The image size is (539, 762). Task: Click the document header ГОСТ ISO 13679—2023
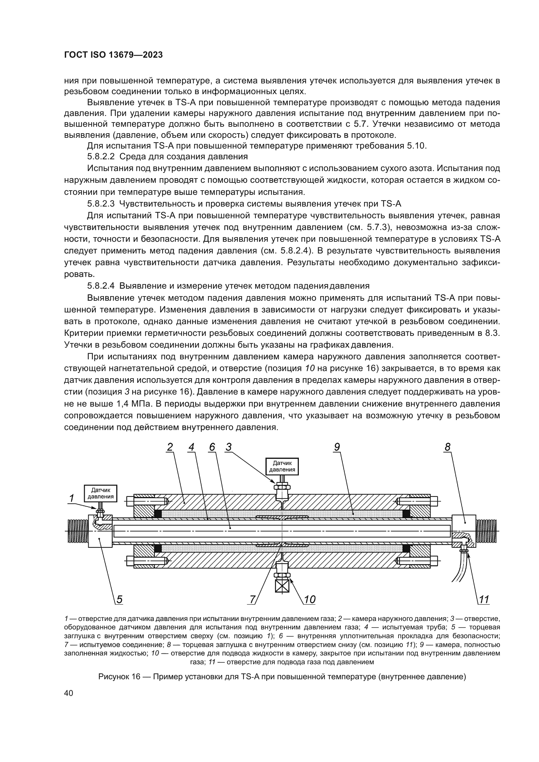tap(113, 55)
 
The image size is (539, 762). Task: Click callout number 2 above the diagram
tap(169, 447)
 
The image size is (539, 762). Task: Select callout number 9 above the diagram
tap(337, 447)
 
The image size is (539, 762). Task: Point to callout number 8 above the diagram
tap(447, 447)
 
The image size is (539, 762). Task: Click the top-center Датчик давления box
tap(282, 466)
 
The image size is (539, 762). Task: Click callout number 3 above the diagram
tap(228, 447)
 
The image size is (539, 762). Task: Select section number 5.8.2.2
tap(101, 157)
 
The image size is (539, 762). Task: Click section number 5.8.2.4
tap(101, 286)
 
